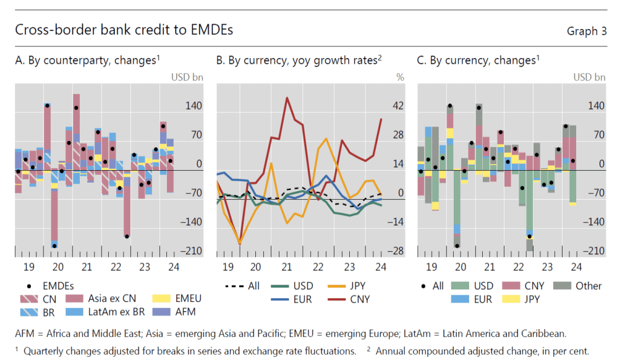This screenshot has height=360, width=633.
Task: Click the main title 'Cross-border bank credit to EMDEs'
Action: tap(124, 30)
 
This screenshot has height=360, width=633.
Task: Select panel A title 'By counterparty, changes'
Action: tap(87, 60)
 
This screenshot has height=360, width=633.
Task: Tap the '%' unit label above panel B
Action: tap(399, 77)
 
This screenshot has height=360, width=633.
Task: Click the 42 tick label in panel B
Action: tap(398, 106)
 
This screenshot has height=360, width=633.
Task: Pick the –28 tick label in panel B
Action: tap(396, 251)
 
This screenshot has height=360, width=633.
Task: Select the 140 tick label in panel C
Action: tap(596, 106)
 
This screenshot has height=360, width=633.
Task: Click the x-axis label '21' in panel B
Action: tap(287, 267)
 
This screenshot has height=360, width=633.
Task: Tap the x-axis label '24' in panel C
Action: tap(576, 267)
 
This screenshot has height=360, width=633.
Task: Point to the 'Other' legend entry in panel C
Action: tap(581, 286)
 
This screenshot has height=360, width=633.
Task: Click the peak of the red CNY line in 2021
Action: tap(287, 97)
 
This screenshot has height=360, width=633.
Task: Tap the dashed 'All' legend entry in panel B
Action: tap(244, 286)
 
